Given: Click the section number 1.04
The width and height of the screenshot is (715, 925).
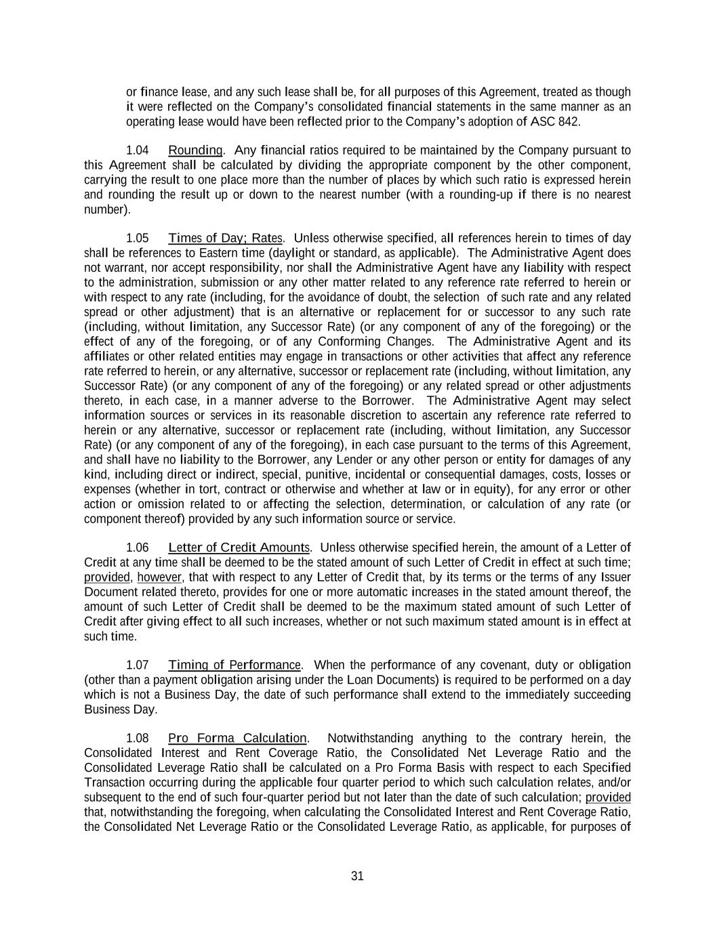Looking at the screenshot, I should point(138,150).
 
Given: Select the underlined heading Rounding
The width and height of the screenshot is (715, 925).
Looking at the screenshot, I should point(195,150).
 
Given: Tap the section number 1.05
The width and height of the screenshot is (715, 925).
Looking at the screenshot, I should point(138,239).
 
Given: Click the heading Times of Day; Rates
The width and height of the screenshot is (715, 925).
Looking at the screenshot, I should point(225,239).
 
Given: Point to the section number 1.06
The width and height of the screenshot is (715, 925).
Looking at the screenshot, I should point(138,548).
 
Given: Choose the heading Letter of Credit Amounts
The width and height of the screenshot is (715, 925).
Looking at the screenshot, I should point(239,548).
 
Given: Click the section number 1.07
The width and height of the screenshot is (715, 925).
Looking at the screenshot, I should point(138,665).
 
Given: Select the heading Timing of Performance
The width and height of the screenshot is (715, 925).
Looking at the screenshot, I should point(234,665).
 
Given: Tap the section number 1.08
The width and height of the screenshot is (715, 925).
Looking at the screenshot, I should point(138,739).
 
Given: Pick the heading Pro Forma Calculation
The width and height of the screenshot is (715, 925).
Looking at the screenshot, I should point(237,739).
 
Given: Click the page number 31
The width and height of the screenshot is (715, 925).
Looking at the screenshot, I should point(358,876).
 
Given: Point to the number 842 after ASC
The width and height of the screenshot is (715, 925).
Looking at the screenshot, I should point(569,122).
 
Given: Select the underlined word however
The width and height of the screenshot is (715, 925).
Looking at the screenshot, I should point(159,577).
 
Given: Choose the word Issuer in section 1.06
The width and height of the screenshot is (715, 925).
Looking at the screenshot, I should point(615,577).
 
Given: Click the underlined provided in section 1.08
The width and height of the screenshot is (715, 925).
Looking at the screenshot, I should point(608,798).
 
